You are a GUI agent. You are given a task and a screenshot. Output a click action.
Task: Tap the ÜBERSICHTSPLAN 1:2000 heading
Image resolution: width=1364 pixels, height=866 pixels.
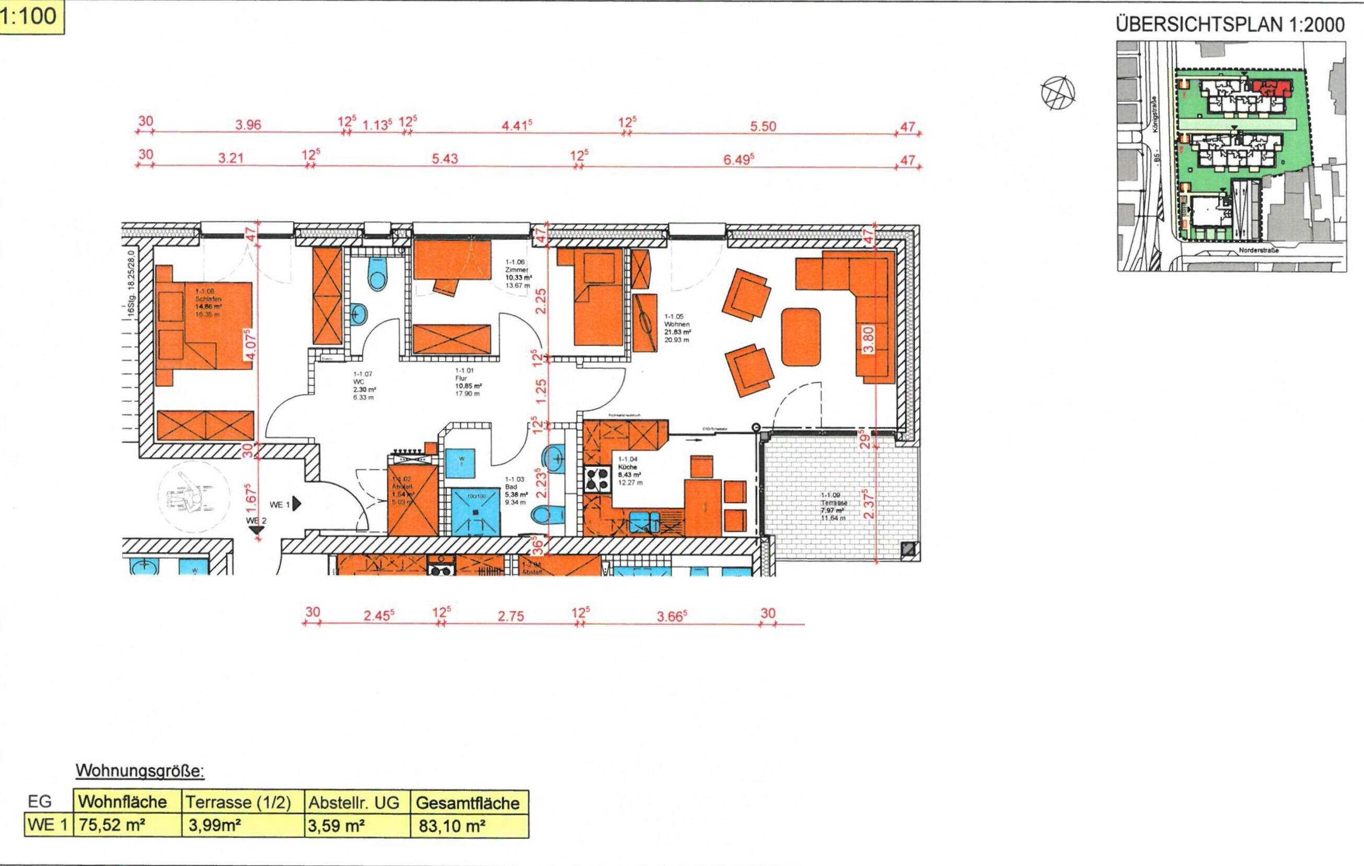click(x=1230, y=25)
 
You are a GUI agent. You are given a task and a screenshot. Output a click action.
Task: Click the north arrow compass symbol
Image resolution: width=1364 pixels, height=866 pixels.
click(x=1058, y=93)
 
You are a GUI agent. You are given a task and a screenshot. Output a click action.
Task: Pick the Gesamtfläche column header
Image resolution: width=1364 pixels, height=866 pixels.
click(x=467, y=803)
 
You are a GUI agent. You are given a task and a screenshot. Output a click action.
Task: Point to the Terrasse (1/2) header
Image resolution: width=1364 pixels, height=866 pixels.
click(x=238, y=803)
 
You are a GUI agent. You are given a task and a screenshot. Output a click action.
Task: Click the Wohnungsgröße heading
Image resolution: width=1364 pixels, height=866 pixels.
click(x=140, y=771)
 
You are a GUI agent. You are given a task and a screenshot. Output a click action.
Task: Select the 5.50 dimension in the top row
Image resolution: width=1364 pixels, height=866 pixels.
click(x=762, y=126)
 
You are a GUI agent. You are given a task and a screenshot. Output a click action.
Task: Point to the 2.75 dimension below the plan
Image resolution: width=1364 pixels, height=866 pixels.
click(x=511, y=616)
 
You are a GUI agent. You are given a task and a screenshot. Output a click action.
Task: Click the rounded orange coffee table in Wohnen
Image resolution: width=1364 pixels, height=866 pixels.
click(x=801, y=337)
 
